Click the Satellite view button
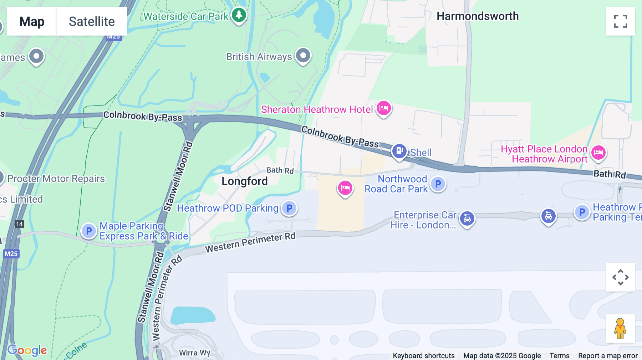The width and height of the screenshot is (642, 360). click(92, 21)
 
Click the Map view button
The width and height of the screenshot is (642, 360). click(32, 21)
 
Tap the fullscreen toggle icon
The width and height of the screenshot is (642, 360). click(620, 21)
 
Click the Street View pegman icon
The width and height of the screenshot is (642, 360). click(620, 329)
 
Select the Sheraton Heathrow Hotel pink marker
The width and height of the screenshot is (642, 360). click(384, 108)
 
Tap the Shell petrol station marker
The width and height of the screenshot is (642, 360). click(399, 151)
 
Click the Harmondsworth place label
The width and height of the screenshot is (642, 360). click(478, 16)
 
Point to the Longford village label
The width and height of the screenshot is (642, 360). click(244, 181)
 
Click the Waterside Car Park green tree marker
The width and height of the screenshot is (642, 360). click(239, 15)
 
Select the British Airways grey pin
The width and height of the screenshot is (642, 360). click(303, 56)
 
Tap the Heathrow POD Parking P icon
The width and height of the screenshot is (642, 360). click(289, 208)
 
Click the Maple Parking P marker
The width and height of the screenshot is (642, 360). click(89, 231)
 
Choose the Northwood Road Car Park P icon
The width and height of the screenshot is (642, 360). click(438, 184)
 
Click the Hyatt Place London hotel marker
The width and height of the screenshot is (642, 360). click(598, 153)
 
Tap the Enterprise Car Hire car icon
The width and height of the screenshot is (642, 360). click(467, 218)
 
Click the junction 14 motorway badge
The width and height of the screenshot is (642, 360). click(19, 224)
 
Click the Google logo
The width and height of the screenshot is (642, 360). click(27, 350)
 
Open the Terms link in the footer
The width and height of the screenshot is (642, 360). click(559, 355)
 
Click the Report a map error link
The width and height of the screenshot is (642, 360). click(607, 355)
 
